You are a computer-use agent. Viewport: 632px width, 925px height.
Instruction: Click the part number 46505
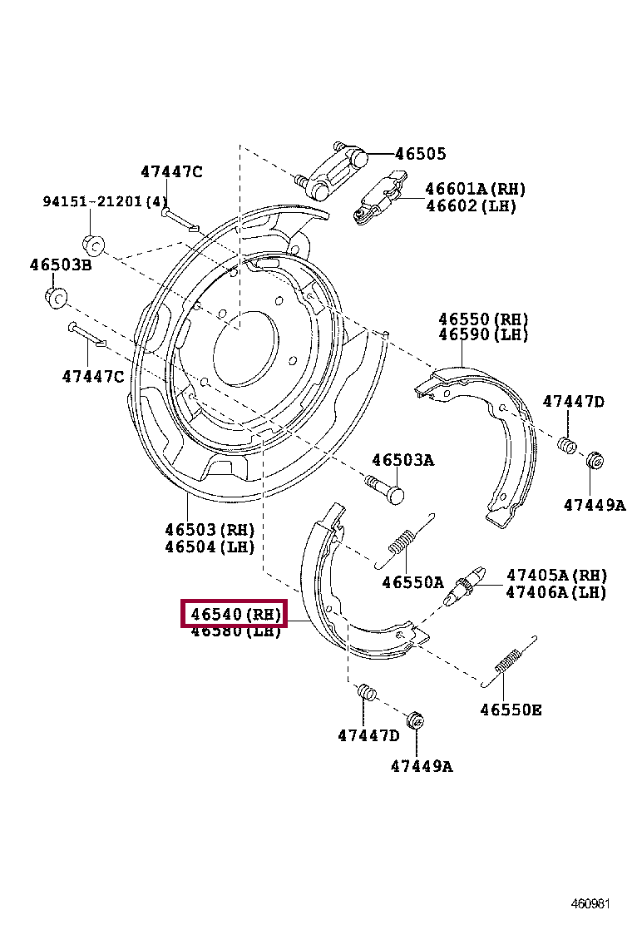pyautogui.click(x=420, y=154)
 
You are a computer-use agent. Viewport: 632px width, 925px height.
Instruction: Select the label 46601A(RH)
pyautogui.click(x=475, y=190)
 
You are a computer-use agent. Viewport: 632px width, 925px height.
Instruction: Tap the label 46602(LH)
pyautogui.click(x=470, y=206)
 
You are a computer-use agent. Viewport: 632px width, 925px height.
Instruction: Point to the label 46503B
pyautogui.click(x=61, y=265)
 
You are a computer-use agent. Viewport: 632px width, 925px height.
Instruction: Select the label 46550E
pyautogui.click(x=511, y=710)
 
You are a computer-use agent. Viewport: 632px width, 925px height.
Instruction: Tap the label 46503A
pyautogui.click(x=402, y=460)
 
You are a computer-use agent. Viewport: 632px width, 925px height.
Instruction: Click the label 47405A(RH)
pyautogui.click(x=556, y=576)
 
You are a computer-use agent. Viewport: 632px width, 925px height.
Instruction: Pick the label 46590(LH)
pyautogui.click(x=483, y=335)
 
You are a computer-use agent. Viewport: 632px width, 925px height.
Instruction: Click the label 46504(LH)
pyautogui.click(x=209, y=547)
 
